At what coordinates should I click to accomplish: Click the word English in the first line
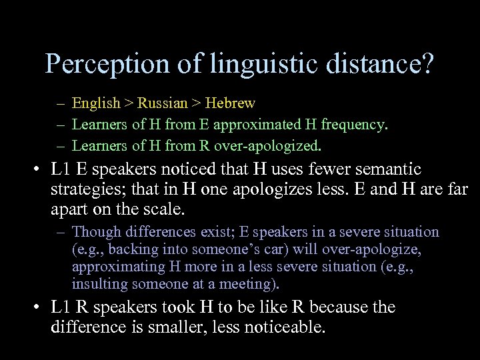[x=96, y=104]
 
